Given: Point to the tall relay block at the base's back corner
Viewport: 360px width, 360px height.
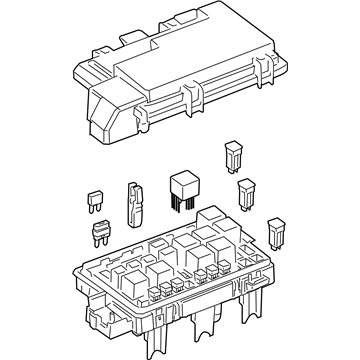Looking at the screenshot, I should [x=212, y=217].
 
